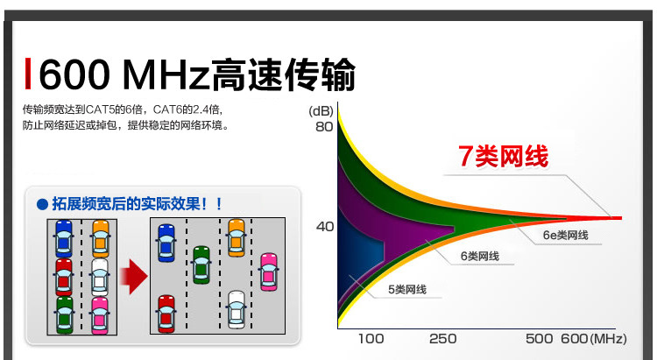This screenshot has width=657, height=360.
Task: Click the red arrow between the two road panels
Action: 134,277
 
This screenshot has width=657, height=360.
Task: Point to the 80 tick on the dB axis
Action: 324,126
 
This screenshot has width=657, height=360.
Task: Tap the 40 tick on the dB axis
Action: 325,227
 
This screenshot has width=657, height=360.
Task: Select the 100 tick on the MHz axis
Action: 371,339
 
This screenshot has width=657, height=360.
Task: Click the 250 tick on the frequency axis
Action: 443,339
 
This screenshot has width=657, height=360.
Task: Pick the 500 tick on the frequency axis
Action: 540,339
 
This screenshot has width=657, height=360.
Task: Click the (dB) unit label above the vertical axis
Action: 321,111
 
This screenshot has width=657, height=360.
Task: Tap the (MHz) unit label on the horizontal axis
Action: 608,339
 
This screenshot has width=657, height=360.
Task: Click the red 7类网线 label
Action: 503,156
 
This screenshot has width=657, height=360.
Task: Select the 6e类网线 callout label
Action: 565,235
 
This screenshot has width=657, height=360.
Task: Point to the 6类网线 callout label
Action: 480,256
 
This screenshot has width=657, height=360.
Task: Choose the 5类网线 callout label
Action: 406,290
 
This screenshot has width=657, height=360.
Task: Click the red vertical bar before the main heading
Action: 28,74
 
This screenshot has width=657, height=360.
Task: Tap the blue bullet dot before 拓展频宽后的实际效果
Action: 42,204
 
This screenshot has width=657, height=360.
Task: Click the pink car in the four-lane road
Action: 269,272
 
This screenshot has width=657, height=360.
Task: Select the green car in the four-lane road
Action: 201,265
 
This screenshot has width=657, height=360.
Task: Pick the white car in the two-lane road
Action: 100,277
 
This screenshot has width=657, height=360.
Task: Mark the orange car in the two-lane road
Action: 101,238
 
